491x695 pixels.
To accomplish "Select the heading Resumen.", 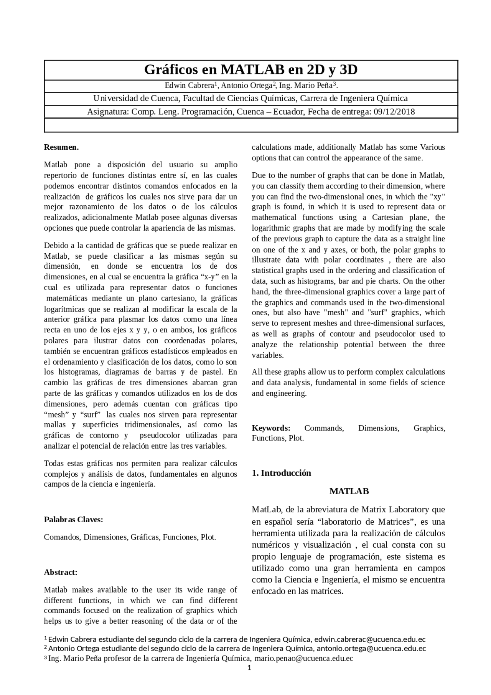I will click(61, 147).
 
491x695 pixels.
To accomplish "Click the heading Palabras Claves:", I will click(73, 520).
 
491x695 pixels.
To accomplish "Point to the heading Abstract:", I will click(61, 572).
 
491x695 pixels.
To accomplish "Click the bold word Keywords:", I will click(271, 428).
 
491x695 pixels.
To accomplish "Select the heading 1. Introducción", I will click(281, 473).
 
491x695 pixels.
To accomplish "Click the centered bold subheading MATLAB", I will click(349, 491).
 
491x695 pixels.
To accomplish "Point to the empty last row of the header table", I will click(251, 125).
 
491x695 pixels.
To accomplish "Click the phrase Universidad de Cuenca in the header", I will click(136, 98).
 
